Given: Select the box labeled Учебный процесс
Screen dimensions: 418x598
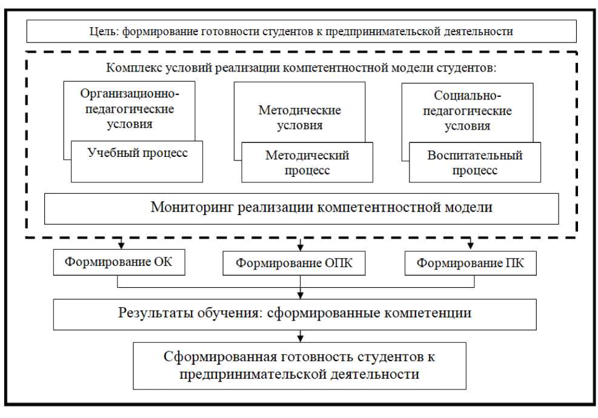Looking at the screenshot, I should pyautogui.click(x=136, y=162).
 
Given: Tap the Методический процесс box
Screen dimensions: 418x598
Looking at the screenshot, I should pyautogui.click(x=307, y=162).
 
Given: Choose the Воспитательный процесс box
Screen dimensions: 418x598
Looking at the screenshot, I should pyautogui.click(x=474, y=162).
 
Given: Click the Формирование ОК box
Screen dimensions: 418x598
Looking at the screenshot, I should pyautogui.click(x=118, y=263).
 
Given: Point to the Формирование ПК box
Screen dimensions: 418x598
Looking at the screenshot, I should pyautogui.click(x=470, y=263).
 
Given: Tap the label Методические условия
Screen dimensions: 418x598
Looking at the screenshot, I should pyautogui.click(x=299, y=118).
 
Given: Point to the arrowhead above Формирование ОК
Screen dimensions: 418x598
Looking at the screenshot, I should pyautogui.click(x=121, y=245).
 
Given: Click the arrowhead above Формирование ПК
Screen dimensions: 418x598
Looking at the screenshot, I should pyautogui.click(x=470, y=245).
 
